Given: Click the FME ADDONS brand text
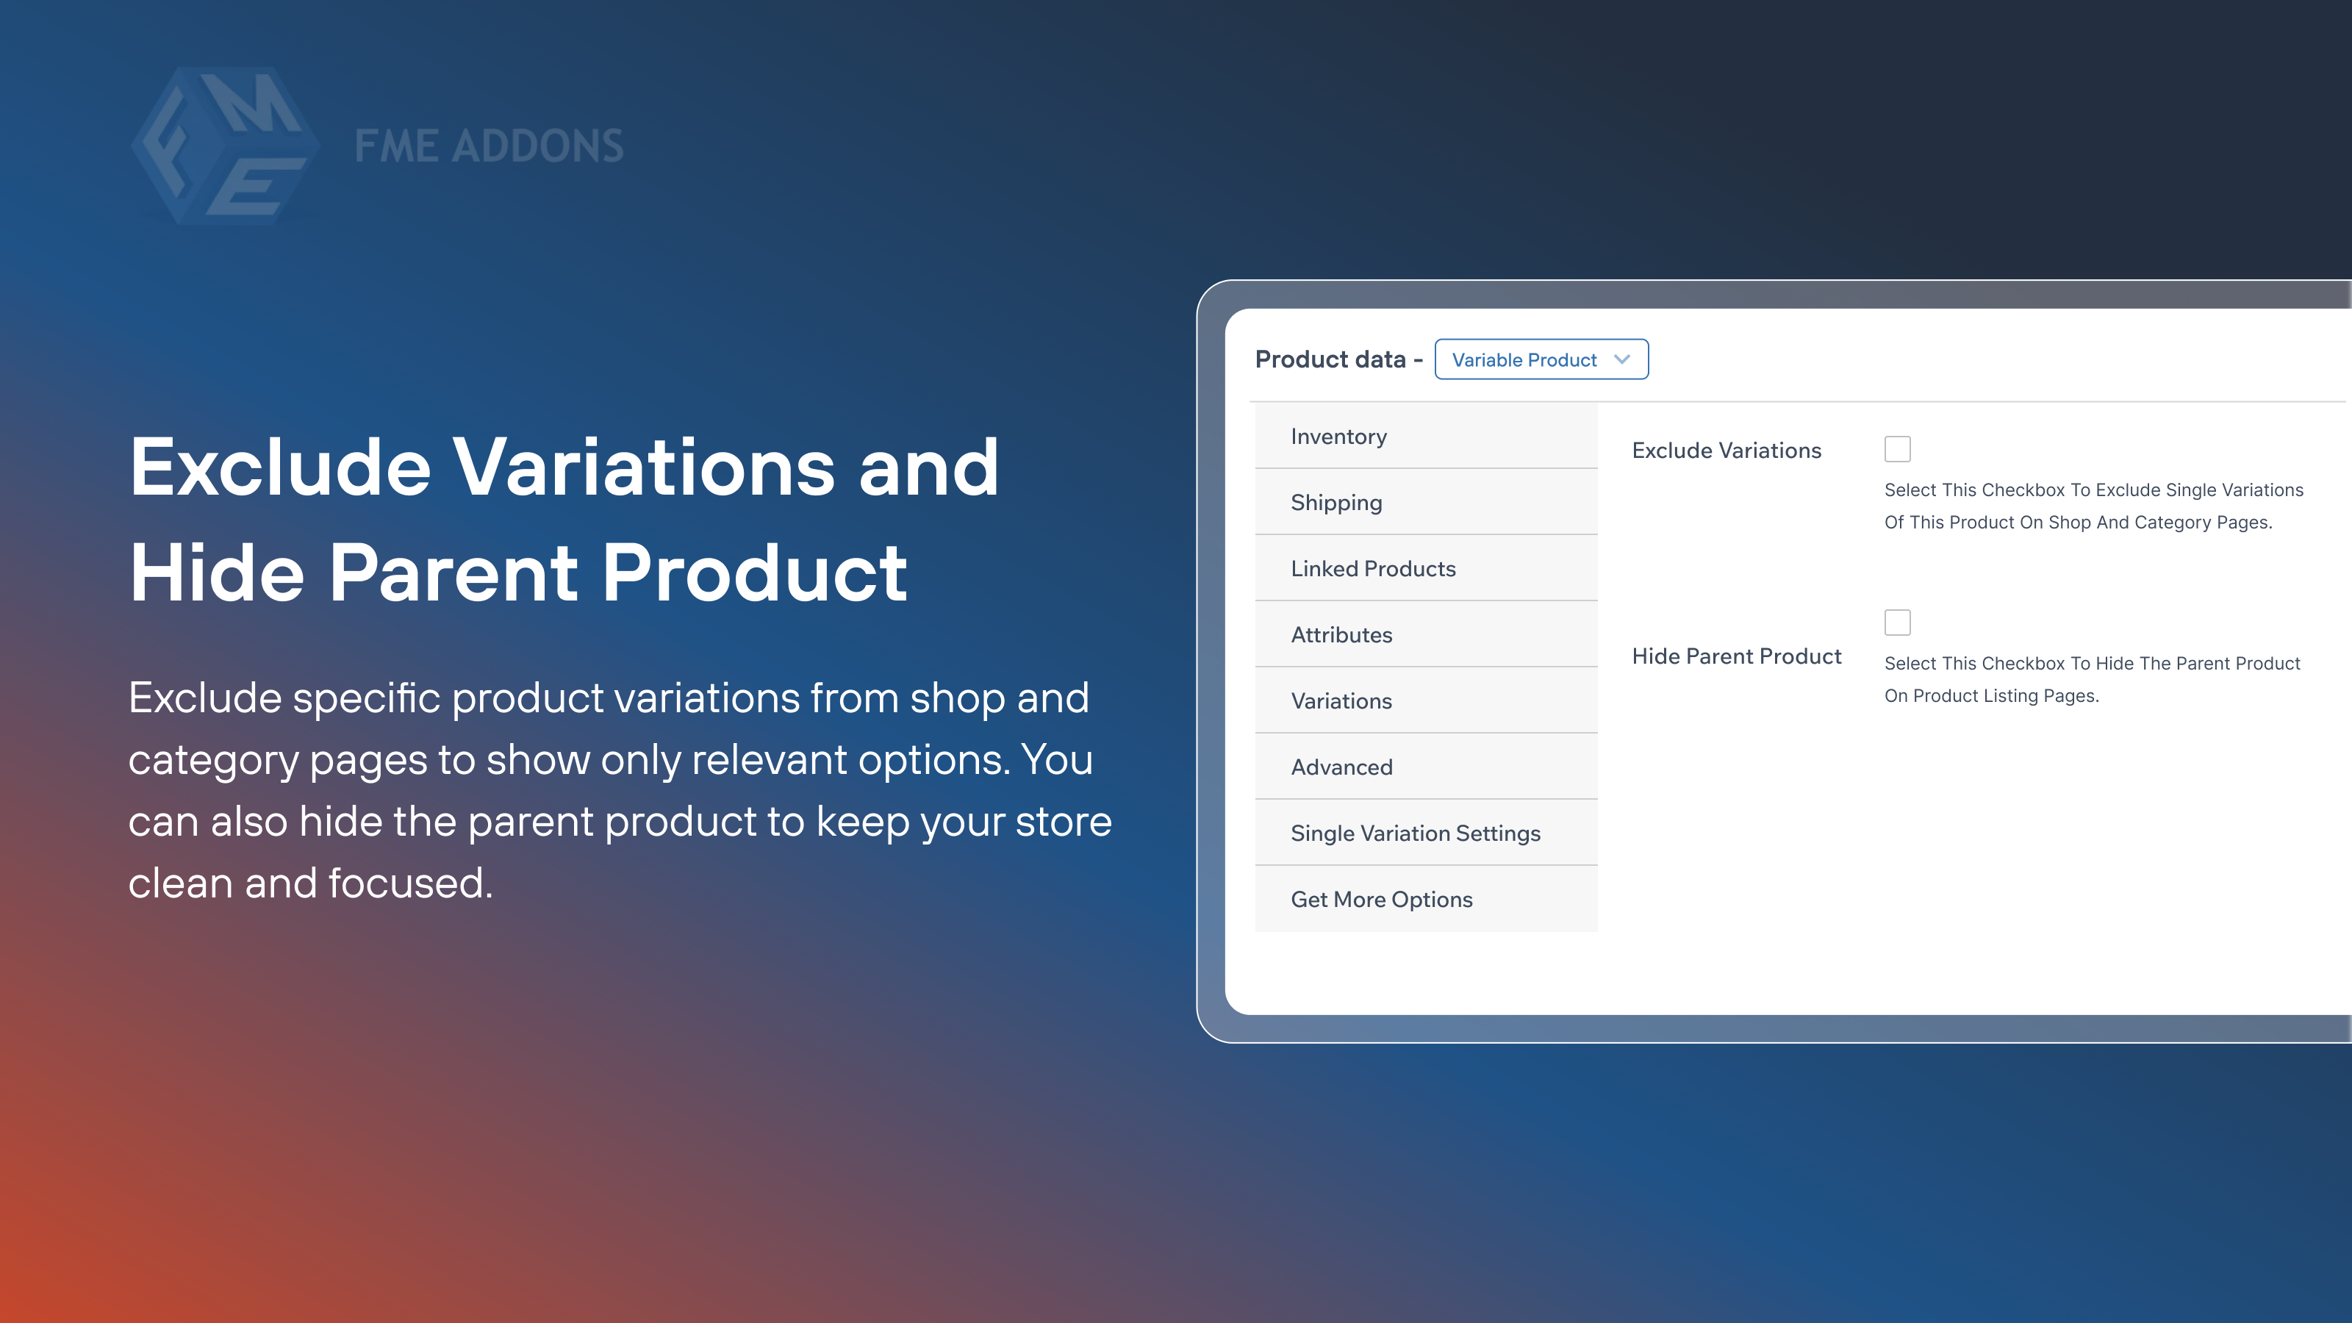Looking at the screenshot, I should click(489, 146).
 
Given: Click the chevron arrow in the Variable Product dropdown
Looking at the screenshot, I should click(1621, 359).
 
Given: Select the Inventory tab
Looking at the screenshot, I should click(1338, 437).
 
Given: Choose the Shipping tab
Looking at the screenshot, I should click(1335, 503).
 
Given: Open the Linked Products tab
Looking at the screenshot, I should click(1372, 569).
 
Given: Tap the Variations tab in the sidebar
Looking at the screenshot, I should click(1341, 701).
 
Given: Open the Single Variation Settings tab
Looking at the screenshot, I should click(1414, 833).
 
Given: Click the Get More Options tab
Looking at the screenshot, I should click(1380, 900).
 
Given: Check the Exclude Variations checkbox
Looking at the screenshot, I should click(1896, 449).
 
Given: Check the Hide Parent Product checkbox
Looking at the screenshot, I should click(1896, 623).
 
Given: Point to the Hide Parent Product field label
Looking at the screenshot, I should click(1735, 656).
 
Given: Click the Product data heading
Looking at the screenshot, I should click(1330, 359).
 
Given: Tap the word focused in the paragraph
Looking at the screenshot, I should click(410, 883).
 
